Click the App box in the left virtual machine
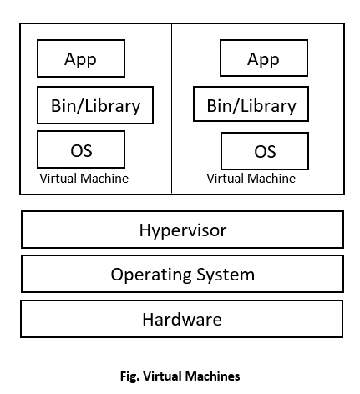81,58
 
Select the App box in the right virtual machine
263,58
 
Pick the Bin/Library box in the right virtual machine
251,105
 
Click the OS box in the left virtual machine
81,150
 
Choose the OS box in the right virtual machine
264,151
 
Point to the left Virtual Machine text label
84,179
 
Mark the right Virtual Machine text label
251,179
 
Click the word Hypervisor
182,230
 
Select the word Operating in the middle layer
150,274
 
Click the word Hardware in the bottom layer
182,319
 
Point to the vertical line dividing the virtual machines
172,109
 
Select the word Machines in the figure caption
215,376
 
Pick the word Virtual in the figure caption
165,376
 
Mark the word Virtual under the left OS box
58,179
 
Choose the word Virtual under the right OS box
226,179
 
